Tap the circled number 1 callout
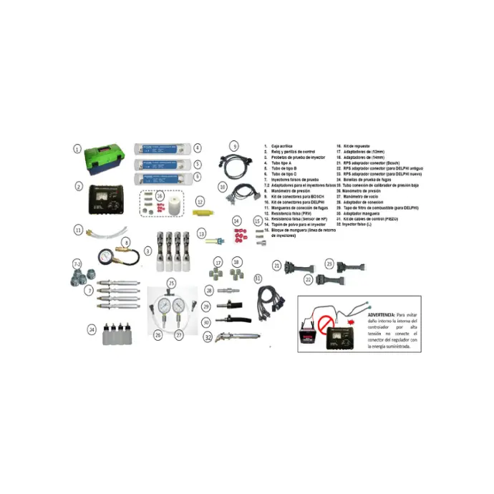click(x=77, y=149)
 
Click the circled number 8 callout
click(x=127, y=243)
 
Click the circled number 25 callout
click(x=171, y=284)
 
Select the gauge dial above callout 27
click(x=180, y=308)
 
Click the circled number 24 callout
click(x=92, y=330)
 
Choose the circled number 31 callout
click(x=257, y=277)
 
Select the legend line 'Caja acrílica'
click(x=280, y=145)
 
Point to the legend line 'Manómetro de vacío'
click(x=367, y=196)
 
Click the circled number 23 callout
click(x=330, y=263)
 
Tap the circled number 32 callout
click(x=207, y=336)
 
